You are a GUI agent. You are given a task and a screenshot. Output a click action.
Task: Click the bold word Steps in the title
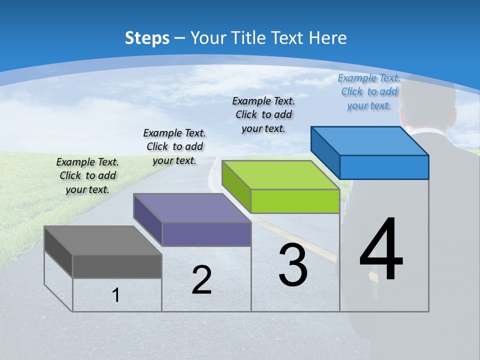tap(147, 38)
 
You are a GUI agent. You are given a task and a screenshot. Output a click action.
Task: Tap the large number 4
tap(381, 249)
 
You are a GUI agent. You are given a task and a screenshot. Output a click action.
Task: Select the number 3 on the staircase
tap(293, 264)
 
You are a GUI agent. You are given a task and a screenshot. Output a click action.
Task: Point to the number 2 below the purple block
tap(201, 280)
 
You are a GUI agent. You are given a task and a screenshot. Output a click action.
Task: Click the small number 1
tap(116, 295)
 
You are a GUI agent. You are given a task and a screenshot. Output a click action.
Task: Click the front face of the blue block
tap(384, 167)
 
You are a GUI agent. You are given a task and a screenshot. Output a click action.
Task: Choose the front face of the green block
tap(295, 201)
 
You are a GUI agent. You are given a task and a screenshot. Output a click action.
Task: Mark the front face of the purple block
tap(206, 234)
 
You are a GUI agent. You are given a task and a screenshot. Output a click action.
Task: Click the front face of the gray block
tap(117, 266)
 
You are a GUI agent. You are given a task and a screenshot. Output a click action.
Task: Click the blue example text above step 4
tap(369, 92)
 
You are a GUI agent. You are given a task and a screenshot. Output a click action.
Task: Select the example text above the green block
tap(263, 114)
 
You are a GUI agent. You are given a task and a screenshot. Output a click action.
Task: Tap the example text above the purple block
tap(174, 146)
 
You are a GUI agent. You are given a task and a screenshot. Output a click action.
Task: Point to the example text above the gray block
tap(87, 175)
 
